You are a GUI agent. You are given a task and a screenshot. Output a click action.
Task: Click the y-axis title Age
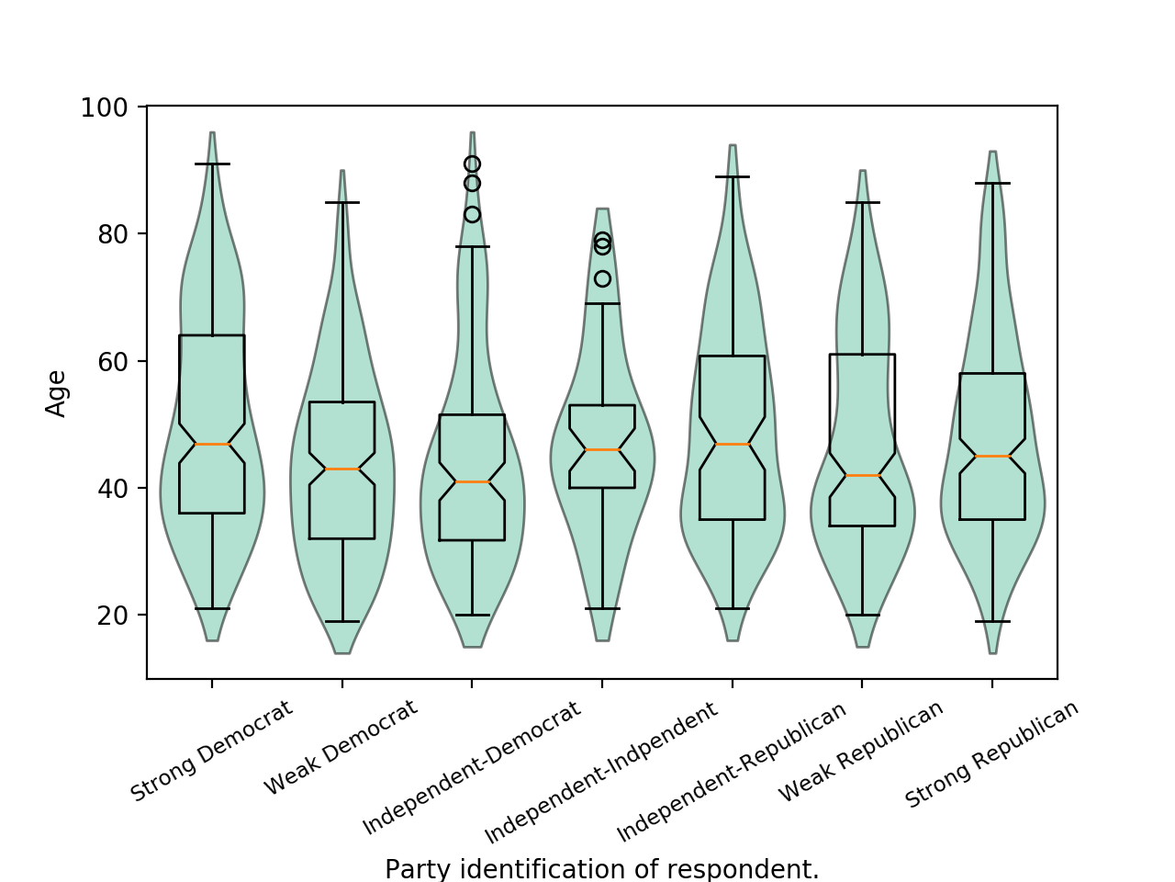click(x=57, y=393)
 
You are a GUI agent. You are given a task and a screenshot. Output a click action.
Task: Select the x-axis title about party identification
click(x=601, y=868)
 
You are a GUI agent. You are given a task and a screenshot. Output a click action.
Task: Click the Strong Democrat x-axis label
click(x=212, y=751)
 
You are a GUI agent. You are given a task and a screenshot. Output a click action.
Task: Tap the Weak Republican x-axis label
click(x=861, y=751)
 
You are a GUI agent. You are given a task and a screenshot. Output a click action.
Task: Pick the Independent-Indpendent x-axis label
click(x=601, y=773)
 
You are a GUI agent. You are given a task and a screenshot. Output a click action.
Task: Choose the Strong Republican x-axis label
click(x=991, y=754)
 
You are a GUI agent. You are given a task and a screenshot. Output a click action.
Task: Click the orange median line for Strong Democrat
click(x=212, y=444)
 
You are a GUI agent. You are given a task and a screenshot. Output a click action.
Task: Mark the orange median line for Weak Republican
click(x=863, y=475)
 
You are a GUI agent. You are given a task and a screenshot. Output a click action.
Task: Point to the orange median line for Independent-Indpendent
click(x=602, y=449)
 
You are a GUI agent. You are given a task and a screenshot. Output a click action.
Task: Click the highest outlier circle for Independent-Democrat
click(x=472, y=164)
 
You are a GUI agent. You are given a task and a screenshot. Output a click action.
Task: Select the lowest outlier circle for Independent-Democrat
click(x=472, y=215)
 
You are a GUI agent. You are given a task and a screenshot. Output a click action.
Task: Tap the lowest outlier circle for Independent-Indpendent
click(x=602, y=278)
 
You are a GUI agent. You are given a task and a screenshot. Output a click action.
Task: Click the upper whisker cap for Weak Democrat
click(x=342, y=202)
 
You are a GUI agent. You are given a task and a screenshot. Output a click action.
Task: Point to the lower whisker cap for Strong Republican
click(x=992, y=621)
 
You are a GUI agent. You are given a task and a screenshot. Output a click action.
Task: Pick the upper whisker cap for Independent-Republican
click(x=733, y=176)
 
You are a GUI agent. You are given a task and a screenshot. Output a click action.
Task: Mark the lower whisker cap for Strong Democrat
click(x=212, y=608)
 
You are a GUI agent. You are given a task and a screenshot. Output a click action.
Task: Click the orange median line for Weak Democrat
click(x=342, y=469)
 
